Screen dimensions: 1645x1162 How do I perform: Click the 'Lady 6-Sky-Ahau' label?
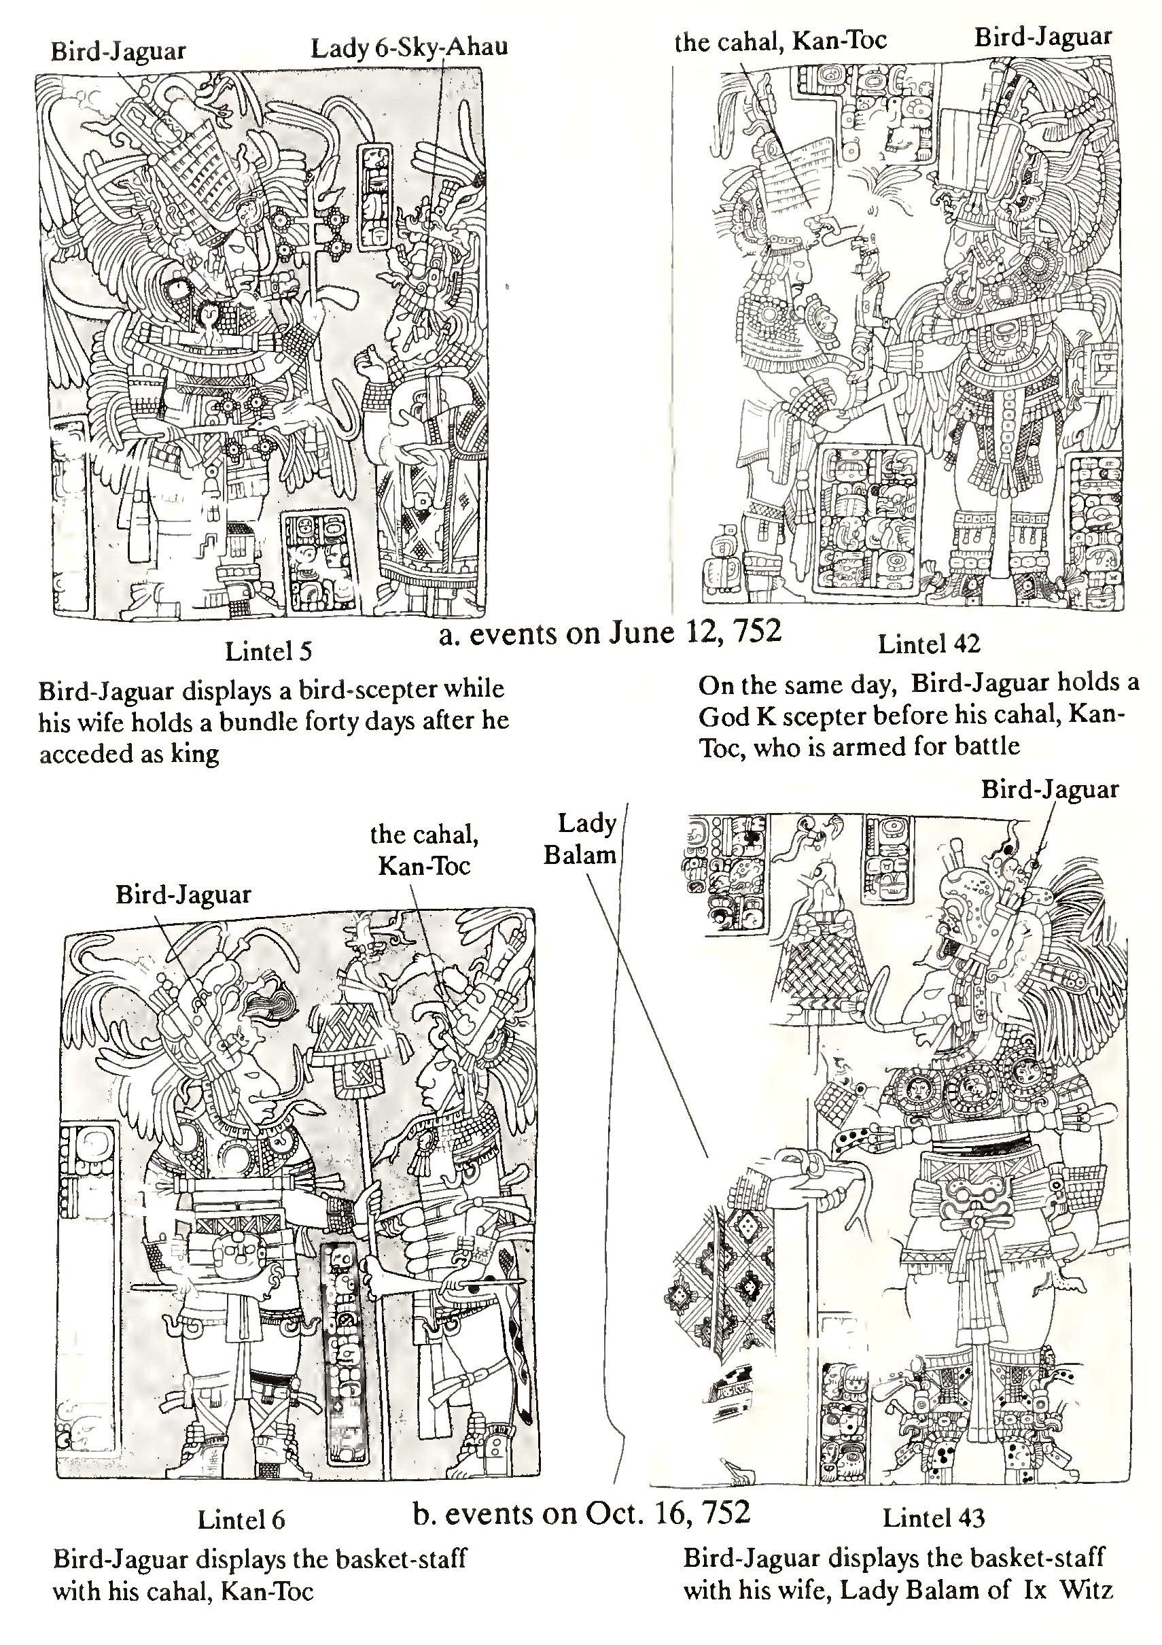click(409, 48)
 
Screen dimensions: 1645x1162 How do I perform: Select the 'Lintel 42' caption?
click(928, 644)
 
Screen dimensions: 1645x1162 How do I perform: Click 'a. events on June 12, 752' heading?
click(609, 634)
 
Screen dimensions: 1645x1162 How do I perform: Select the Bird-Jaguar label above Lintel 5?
click(118, 51)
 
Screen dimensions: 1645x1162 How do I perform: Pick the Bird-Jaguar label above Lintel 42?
click(1042, 37)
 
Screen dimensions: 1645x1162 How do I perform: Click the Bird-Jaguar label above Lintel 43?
click(1049, 790)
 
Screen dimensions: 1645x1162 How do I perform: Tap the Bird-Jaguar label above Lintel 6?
click(183, 894)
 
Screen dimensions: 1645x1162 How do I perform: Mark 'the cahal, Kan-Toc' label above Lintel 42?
click(781, 41)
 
